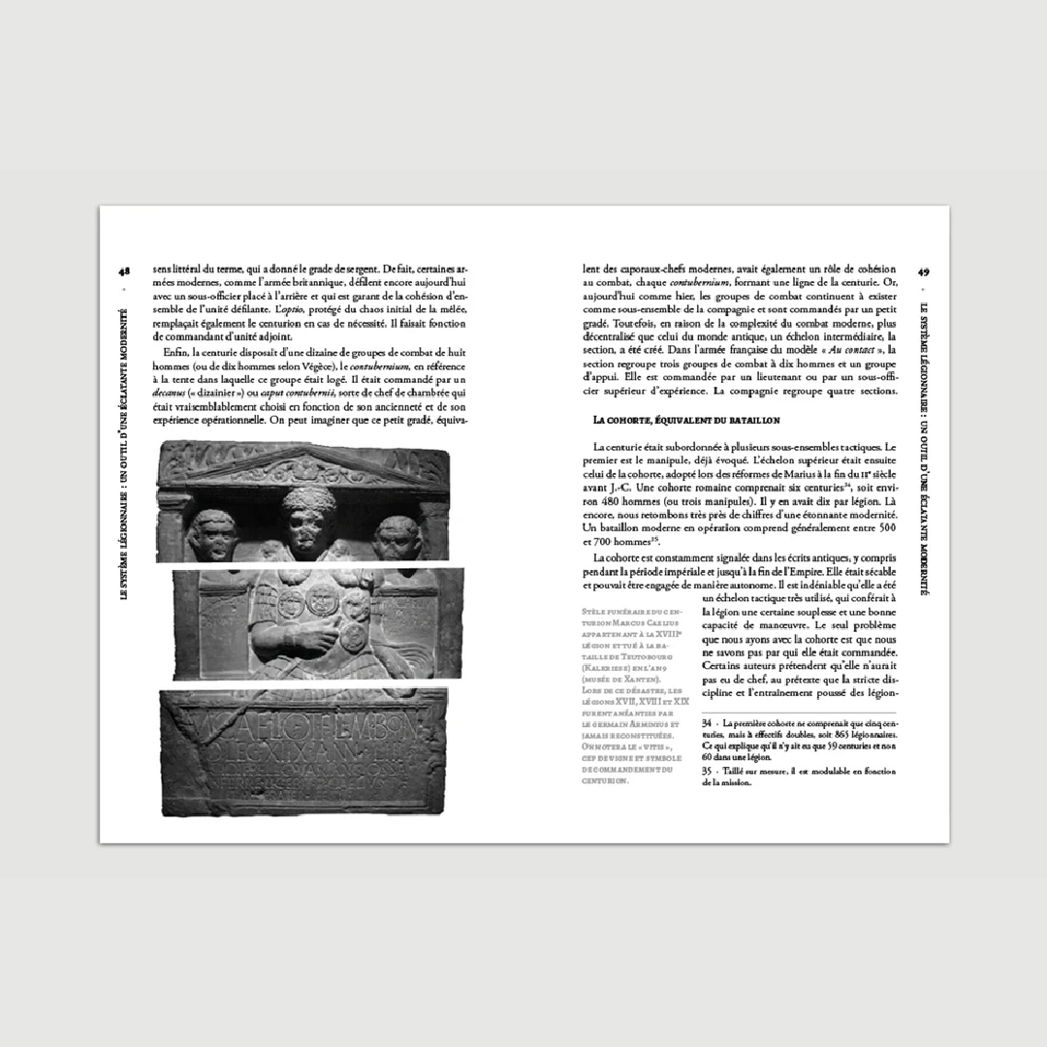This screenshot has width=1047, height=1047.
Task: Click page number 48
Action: click(124, 272)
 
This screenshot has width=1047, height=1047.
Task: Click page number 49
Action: click(924, 272)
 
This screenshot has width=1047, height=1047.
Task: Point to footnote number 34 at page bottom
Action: click(708, 723)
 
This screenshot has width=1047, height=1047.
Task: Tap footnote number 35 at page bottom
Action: click(708, 771)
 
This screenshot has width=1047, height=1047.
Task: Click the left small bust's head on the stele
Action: click(213, 535)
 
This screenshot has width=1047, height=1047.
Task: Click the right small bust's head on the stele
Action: click(397, 537)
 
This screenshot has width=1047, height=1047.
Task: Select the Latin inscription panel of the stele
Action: click(303, 751)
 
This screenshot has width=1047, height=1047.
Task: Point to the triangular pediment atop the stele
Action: click(303, 466)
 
